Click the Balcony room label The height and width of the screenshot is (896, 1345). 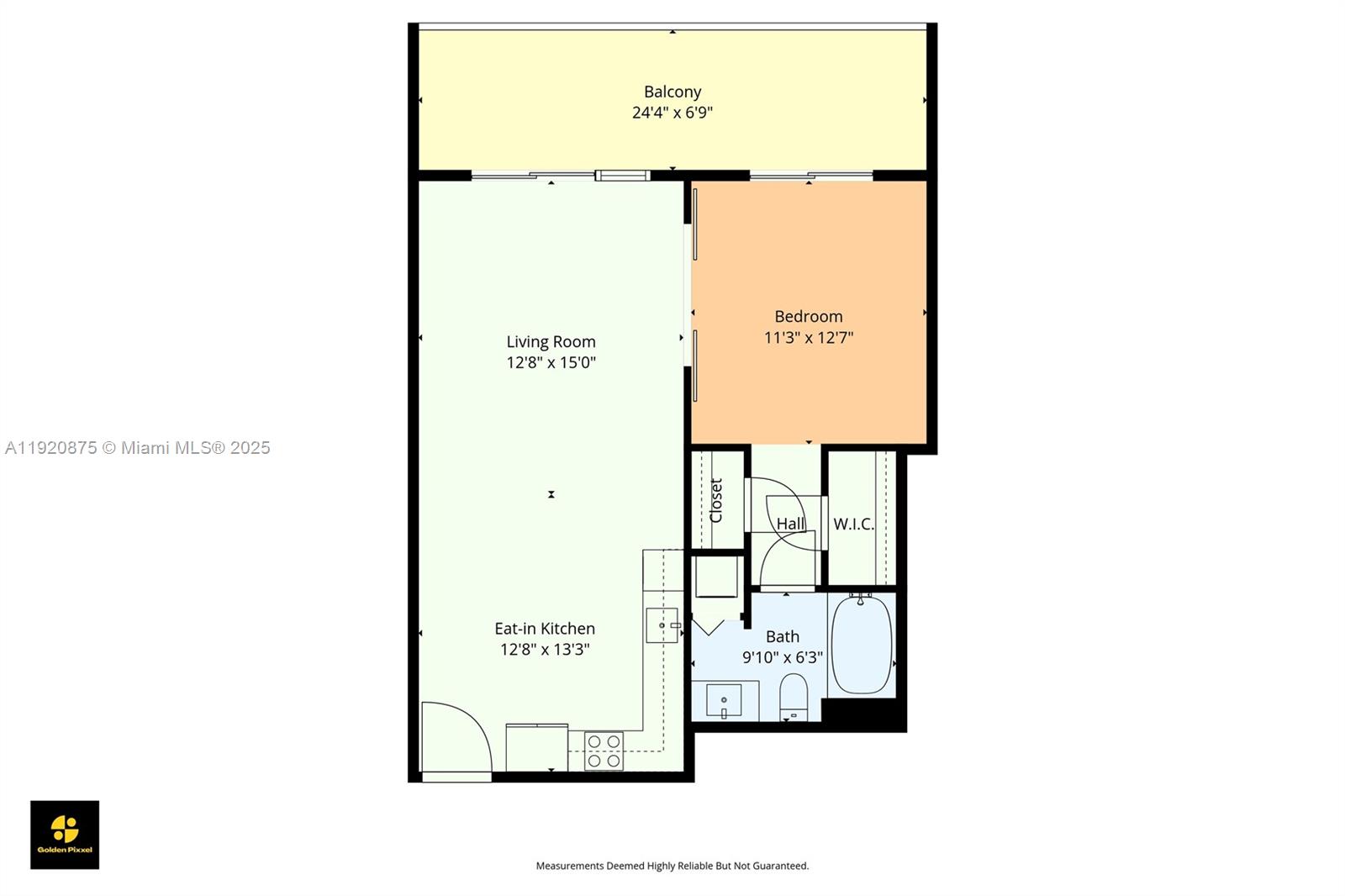point(672,92)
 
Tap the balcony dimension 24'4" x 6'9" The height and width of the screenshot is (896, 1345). point(672,113)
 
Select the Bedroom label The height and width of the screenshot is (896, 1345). point(808,317)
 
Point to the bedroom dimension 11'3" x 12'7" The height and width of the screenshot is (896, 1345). point(808,338)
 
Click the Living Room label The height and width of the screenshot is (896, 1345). point(551,342)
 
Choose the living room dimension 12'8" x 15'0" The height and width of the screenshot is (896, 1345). point(551,363)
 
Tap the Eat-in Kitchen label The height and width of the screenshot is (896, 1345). point(545,629)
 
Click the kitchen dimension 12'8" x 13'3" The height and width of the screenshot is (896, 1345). point(545,650)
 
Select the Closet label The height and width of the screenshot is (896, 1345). point(715,500)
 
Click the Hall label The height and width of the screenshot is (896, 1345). point(789,524)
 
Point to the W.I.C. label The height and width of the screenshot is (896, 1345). point(853,524)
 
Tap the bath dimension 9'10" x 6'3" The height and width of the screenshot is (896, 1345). point(783,657)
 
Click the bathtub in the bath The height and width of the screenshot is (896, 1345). point(861,644)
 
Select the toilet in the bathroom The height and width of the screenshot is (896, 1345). point(794,698)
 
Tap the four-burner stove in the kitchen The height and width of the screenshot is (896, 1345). point(604,751)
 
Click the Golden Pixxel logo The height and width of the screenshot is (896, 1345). point(65,835)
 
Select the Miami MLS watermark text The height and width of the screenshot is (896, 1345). point(138,448)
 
